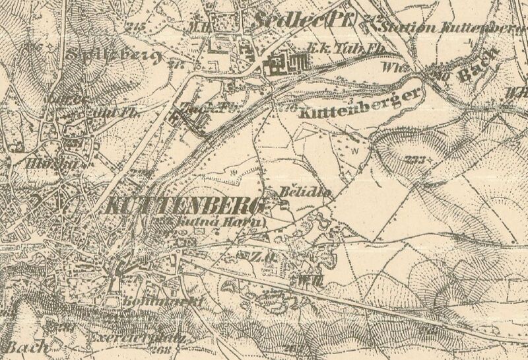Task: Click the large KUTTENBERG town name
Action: tap(185, 205)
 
